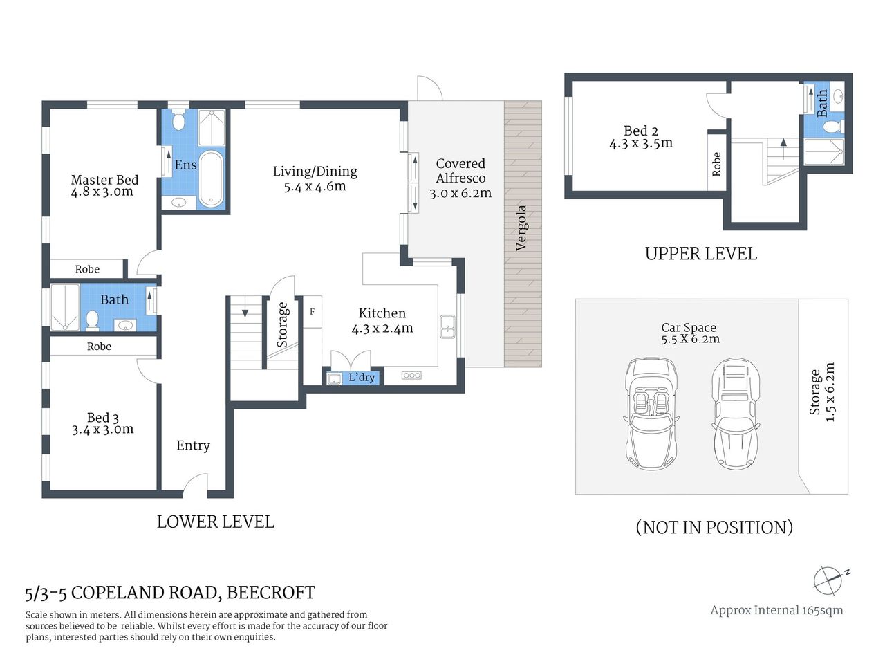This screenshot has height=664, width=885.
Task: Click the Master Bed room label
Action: pyautogui.click(x=104, y=180)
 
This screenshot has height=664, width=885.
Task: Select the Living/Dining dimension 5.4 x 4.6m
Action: pyautogui.click(x=315, y=186)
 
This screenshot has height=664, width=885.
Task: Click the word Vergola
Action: pyautogui.click(x=521, y=228)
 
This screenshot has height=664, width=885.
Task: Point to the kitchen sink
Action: pyautogui.click(x=447, y=326)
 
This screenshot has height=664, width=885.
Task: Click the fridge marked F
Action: pyautogui.click(x=312, y=312)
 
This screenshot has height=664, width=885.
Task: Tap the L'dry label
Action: pyautogui.click(x=361, y=377)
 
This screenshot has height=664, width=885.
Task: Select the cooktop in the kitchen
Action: pyautogui.click(x=411, y=375)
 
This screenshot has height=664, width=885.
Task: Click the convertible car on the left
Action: pyautogui.click(x=651, y=414)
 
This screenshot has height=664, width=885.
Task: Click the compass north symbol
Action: pyautogui.click(x=828, y=580)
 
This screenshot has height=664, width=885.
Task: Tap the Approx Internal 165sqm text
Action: pyautogui.click(x=776, y=610)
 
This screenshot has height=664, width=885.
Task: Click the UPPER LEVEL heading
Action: pyautogui.click(x=700, y=254)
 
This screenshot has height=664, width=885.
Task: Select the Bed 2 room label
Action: pyautogui.click(x=640, y=131)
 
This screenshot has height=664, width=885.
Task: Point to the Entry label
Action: pyautogui.click(x=193, y=445)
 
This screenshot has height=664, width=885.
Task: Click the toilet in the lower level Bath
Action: pyautogui.click(x=92, y=320)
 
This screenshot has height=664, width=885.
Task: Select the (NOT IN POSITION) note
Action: pyautogui.click(x=714, y=527)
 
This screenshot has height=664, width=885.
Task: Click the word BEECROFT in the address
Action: pyautogui.click(x=270, y=593)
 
